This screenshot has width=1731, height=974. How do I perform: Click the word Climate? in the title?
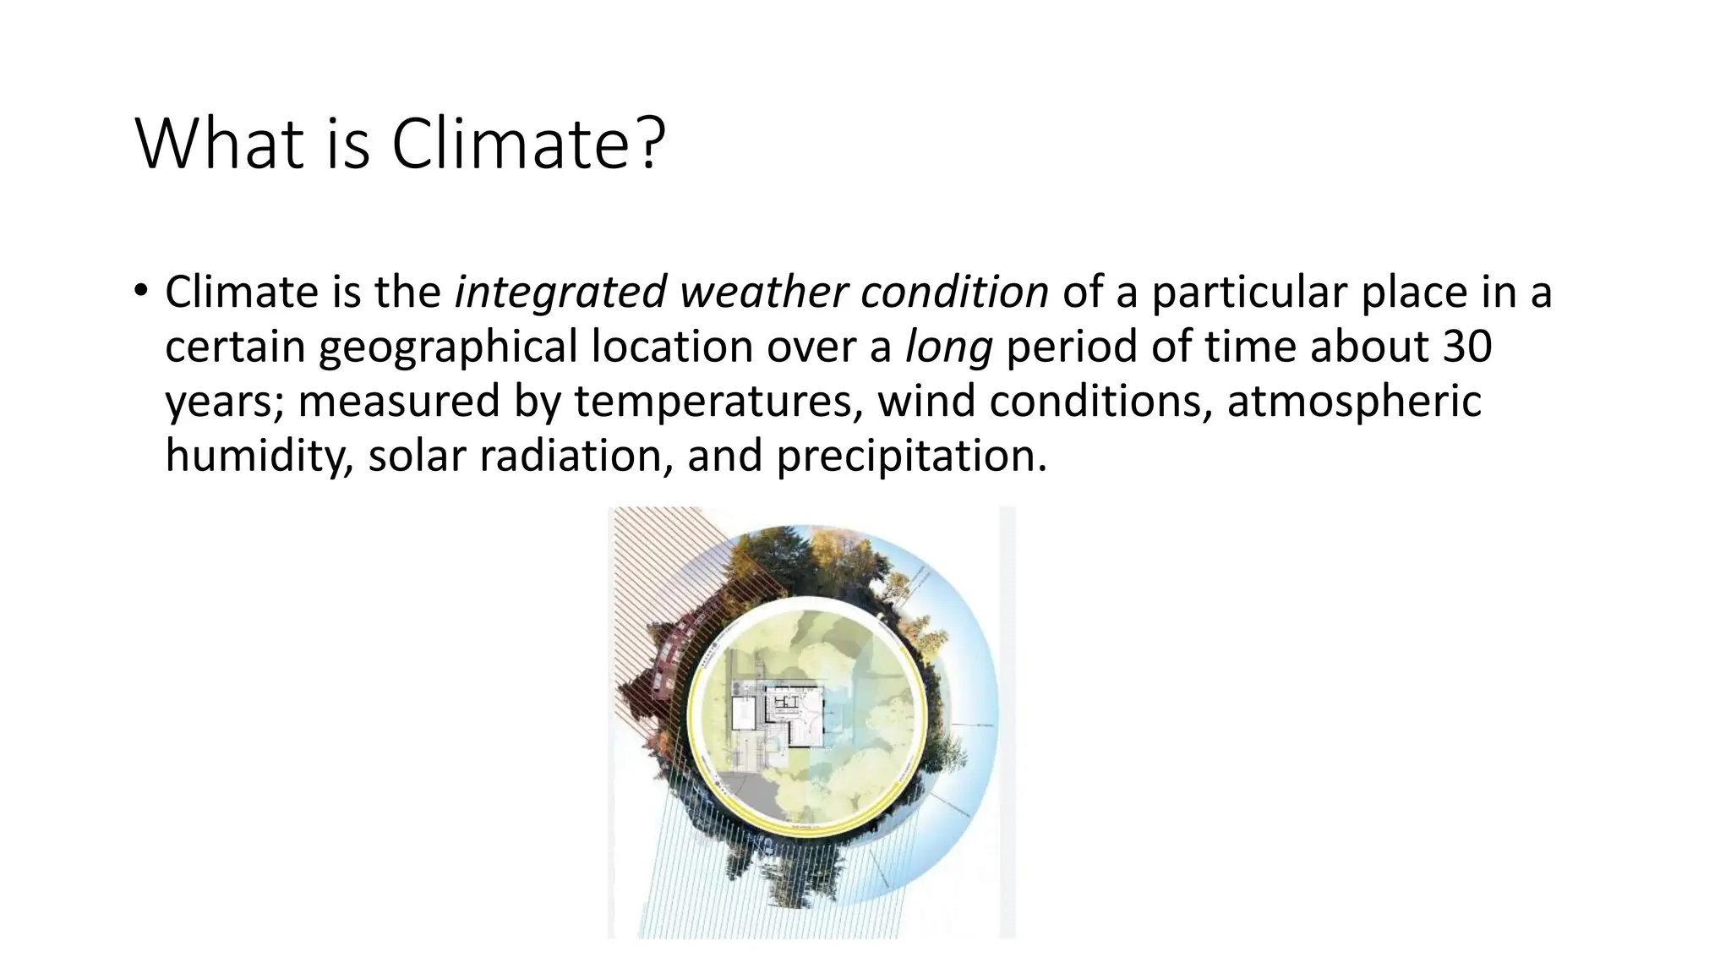tap(527, 144)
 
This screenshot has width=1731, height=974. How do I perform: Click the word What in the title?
tap(218, 144)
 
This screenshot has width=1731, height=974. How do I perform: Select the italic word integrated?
tap(560, 293)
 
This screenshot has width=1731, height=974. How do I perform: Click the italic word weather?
tap(763, 293)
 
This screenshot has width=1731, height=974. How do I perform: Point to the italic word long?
tap(948, 347)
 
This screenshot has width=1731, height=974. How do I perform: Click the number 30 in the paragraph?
tap(1466, 347)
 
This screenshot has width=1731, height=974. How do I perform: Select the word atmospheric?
tap(1353, 401)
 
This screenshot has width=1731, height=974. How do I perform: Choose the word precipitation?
tap(911, 456)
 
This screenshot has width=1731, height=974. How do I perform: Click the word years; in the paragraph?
tap(224, 402)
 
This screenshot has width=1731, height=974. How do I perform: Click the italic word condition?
tap(954, 293)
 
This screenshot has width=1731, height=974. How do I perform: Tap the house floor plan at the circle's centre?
tap(795, 715)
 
